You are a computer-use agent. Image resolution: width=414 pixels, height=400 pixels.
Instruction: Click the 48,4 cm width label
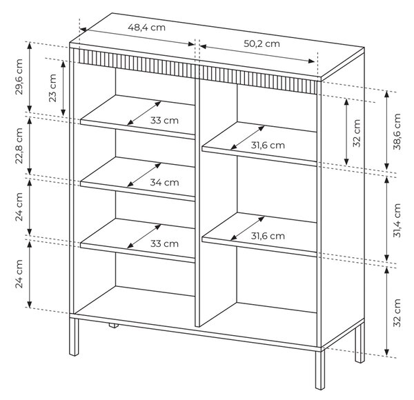tap(146, 28)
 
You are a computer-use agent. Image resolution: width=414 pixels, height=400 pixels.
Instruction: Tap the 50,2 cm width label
tap(262, 44)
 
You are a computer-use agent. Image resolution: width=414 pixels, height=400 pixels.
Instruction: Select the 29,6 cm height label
tap(19, 77)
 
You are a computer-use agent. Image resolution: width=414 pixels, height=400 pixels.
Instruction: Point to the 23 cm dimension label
tap(52, 88)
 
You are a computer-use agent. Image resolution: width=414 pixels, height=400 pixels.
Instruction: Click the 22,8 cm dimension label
tap(19, 146)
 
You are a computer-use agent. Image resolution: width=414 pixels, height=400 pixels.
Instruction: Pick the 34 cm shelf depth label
tap(164, 182)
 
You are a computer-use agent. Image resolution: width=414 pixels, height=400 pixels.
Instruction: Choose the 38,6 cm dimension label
tap(397, 132)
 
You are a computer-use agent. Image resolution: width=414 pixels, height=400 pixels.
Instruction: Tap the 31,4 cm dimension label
tap(397, 220)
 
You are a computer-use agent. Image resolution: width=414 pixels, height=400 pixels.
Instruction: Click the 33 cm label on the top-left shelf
tap(164, 120)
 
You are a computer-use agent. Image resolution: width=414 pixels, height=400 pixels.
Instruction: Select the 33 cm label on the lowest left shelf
tap(164, 243)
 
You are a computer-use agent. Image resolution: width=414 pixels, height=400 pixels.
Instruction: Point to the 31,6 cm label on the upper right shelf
tap(268, 145)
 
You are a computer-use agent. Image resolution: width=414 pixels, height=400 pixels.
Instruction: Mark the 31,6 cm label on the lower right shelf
tap(268, 236)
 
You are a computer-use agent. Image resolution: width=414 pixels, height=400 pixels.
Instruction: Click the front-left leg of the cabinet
tap(74, 337)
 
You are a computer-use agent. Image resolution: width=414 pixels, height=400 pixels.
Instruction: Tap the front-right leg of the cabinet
tap(320, 370)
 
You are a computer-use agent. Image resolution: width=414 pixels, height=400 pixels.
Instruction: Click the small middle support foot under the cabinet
tap(114, 326)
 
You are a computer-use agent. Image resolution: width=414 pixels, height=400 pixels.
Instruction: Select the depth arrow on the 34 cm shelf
tap(144, 175)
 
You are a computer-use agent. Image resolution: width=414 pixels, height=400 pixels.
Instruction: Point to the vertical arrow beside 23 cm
tap(63, 88)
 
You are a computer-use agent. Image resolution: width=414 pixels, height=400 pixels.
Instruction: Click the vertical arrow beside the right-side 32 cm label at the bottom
tap(386, 311)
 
